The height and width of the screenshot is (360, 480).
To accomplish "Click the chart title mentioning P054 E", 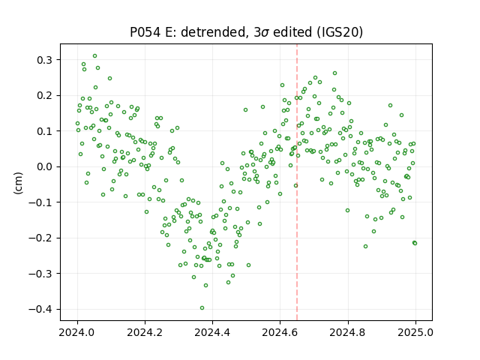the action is point(247,32).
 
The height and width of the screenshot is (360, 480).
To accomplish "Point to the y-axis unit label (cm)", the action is point(18,183).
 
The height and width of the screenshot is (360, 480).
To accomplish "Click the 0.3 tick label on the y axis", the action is point(45,60).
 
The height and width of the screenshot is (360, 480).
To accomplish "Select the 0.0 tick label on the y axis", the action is point(45,166).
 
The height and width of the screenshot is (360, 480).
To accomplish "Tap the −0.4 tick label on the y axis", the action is point(40,309).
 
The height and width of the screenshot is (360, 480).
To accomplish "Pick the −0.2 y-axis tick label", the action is point(40,238).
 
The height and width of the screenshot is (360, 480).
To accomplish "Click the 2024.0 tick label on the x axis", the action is point(77,332).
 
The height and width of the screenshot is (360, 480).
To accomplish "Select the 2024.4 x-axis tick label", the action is point(212,332).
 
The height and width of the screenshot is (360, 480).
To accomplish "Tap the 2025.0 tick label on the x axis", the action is point(415,332).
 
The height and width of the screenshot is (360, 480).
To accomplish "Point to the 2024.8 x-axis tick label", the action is point(348,332).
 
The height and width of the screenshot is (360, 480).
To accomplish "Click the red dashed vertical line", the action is point(297,182).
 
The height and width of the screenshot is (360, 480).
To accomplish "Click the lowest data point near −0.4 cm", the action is point(202,308).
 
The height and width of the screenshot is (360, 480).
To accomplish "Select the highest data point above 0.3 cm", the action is point(95,56).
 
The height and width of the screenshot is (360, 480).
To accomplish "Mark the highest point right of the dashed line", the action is point(335,73).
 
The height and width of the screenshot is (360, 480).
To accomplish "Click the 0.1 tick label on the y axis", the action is point(45,131).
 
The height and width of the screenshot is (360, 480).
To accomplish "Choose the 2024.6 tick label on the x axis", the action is point(280,332).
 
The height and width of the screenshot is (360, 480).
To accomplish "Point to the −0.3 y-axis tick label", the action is point(40,273).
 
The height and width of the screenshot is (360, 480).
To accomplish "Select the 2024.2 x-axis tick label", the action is point(145,332).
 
